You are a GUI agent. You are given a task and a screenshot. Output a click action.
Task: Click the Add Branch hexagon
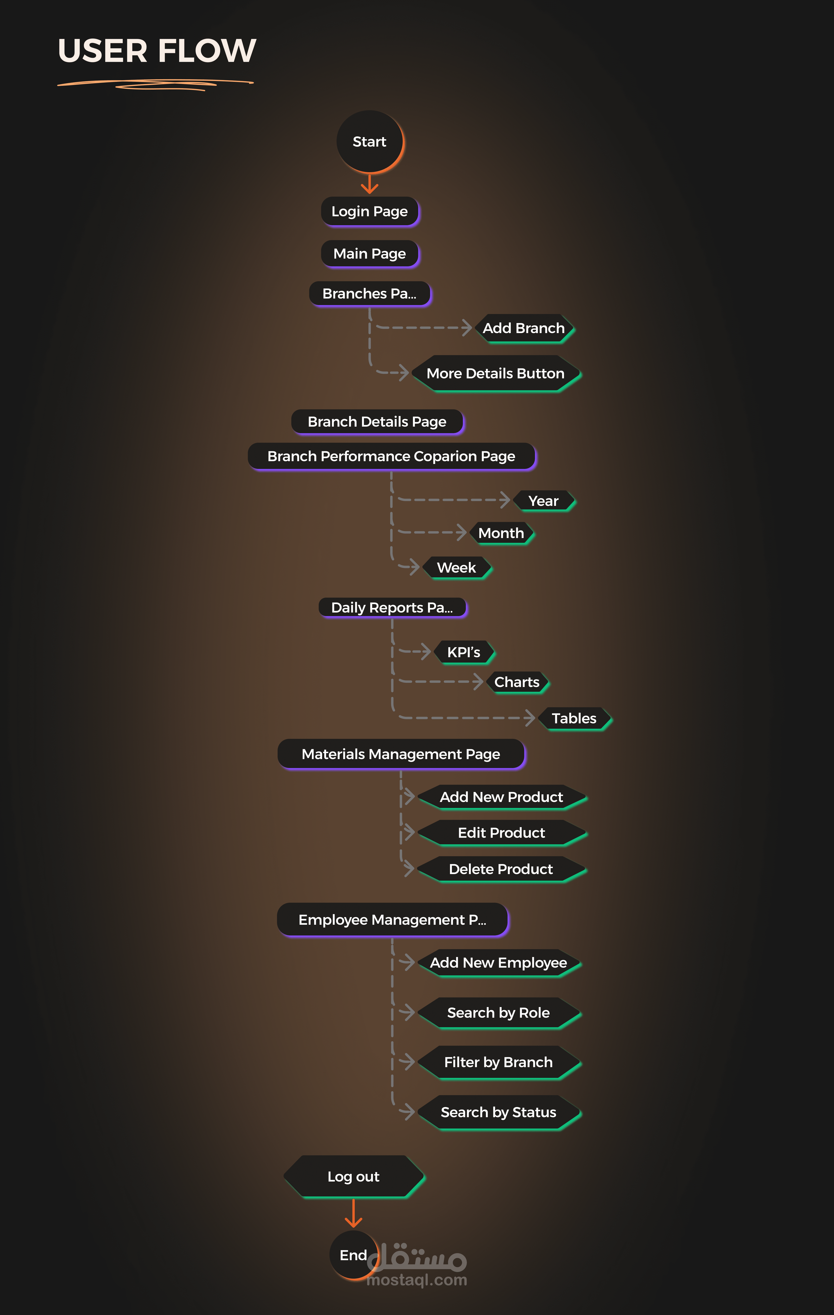(x=524, y=328)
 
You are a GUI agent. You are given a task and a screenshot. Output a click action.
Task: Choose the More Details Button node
(x=496, y=374)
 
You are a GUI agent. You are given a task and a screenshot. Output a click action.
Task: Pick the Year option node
(x=544, y=501)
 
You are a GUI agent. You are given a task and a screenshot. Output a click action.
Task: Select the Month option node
(x=501, y=533)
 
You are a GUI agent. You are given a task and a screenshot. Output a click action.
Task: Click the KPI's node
(x=464, y=652)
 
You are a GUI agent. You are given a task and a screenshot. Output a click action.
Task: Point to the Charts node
(x=517, y=682)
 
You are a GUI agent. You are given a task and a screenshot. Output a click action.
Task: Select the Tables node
(x=574, y=718)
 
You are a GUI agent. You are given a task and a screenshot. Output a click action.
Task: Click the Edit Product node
(x=502, y=833)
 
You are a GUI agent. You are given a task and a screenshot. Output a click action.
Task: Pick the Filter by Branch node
(x=498, y=1062)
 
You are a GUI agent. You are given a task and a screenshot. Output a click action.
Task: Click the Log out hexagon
(x=354, y=1176)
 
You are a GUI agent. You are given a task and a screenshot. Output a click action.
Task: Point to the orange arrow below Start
(x=370, y=184)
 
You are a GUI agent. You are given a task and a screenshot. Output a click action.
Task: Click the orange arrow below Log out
(x=354, y=1213)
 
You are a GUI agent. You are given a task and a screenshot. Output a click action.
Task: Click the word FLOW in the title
(x=208, y=51)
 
